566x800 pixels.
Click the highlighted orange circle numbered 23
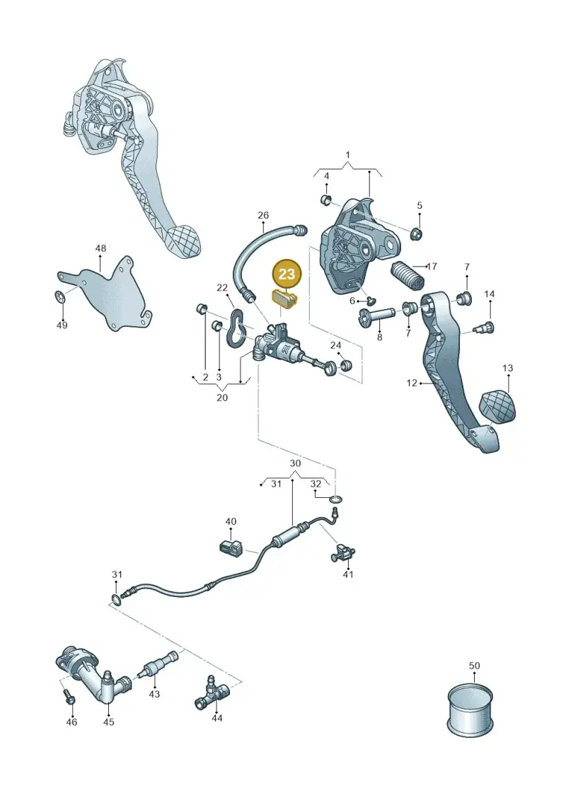(x=287, y=274)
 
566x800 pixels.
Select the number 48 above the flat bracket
(x=100, y=248)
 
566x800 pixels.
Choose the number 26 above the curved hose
(x=263, y=215)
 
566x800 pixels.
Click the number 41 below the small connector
(x=347, y=574)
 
